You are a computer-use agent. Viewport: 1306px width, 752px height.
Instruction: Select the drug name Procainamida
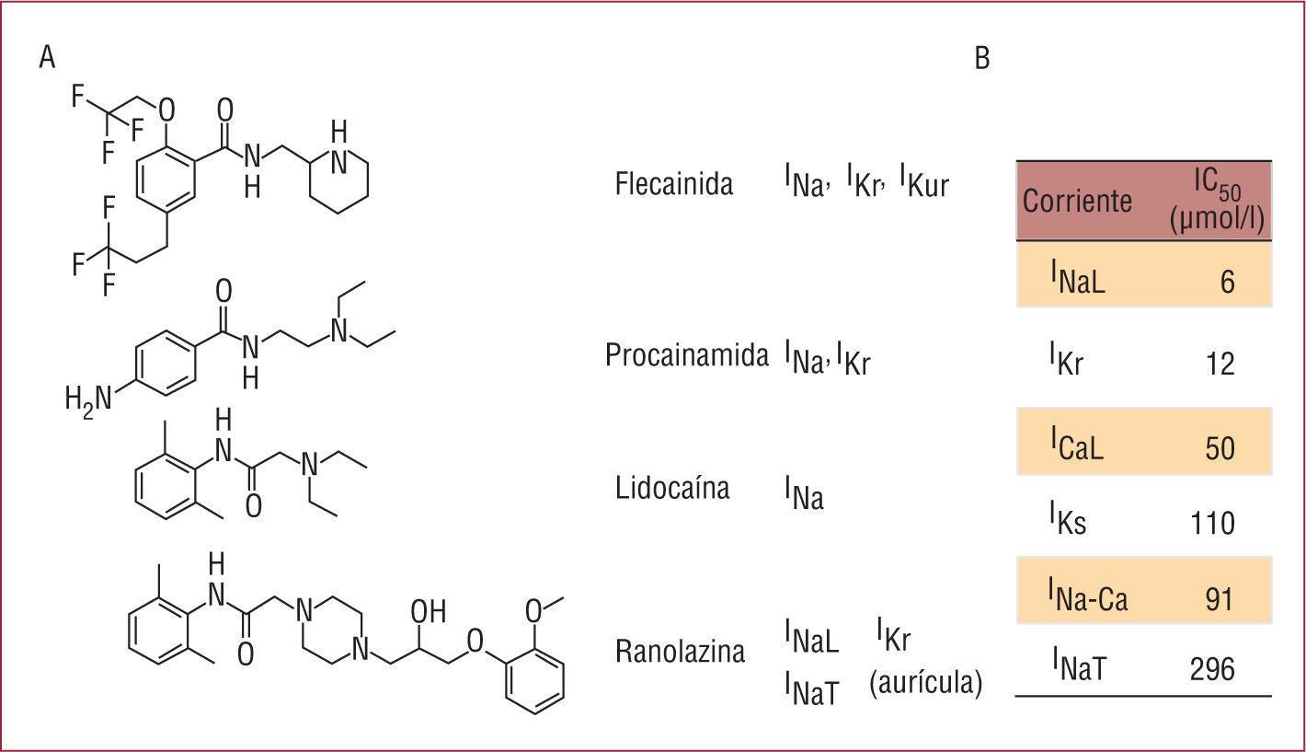686,355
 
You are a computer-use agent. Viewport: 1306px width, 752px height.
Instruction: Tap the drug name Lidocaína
672,488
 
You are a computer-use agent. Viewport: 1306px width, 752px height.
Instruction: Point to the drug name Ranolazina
680,653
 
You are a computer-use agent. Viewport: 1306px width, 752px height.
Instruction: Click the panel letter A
48,58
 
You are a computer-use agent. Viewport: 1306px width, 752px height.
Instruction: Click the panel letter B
982,59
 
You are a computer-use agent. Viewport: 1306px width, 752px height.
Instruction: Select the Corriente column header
1077,201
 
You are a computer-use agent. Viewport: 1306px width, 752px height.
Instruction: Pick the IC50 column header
1215,201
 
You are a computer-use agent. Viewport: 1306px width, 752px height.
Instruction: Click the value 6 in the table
1227,281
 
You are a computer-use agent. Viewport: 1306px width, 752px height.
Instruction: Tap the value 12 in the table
1219,365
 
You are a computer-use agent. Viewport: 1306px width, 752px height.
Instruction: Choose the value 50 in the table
1219,448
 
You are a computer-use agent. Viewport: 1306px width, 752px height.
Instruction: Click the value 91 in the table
1219,597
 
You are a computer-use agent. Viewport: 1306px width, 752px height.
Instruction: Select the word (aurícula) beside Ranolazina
925,683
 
